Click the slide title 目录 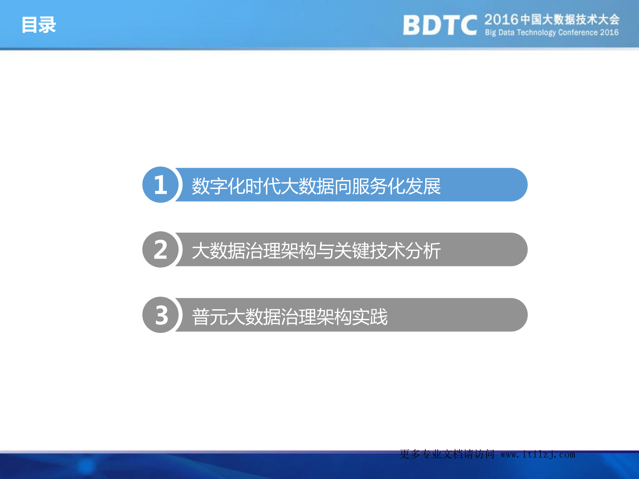tap(39, 25)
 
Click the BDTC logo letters tap(440, 25)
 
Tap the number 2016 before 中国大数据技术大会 tap(501, 20)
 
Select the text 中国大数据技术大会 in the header tap(570, 20)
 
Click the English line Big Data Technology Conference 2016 tap(551, 33)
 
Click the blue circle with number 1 tap(160, 185)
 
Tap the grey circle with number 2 tap(160, 250)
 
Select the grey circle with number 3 tap(160, 315)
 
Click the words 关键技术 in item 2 tap(370, 251)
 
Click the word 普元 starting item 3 tap(210, 317)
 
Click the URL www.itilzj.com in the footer tap(537, 454)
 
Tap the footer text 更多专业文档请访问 tap(447, 454)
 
